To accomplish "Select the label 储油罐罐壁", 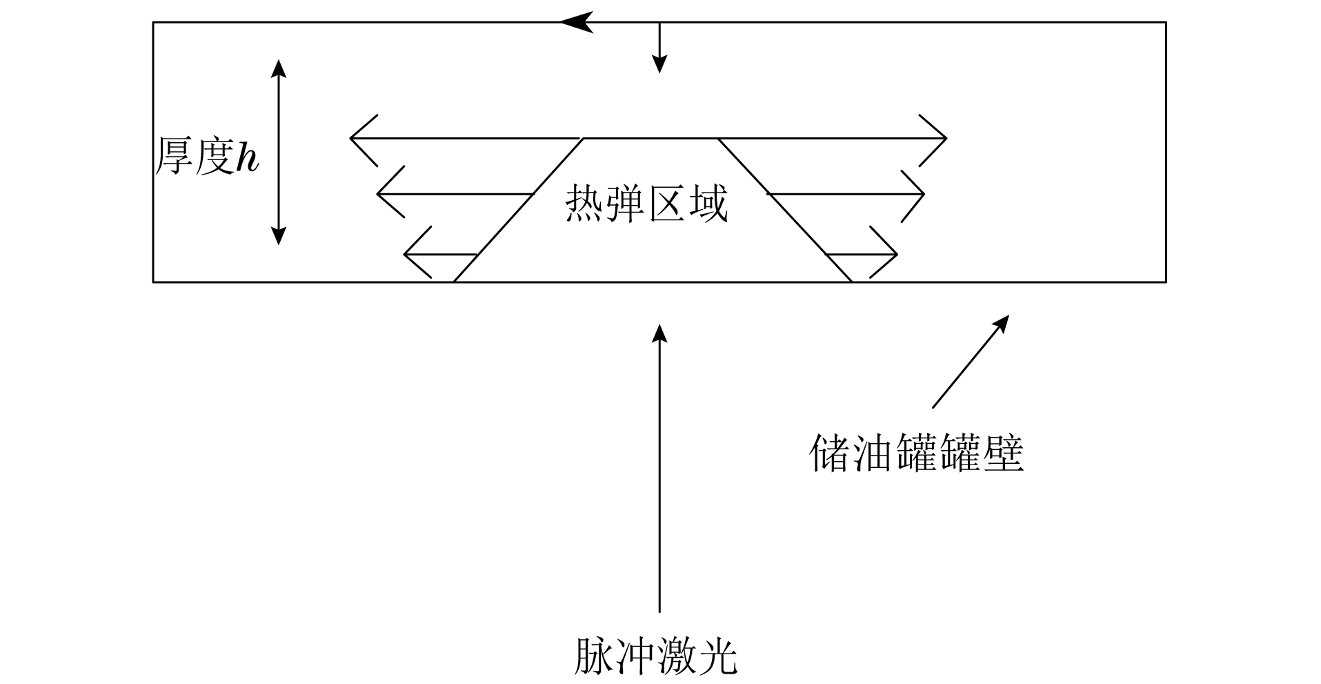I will tap(916, 453).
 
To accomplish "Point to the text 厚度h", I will tap(206, 156).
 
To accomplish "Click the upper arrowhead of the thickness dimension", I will tap(278, 67).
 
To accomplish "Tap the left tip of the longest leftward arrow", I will tap(352, 139).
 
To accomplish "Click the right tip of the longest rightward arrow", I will tap(945, 139).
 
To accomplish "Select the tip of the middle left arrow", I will tap(378, 195).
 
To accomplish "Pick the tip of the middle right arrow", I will tap(922, 195).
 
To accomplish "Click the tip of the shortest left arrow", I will tap(405, 255).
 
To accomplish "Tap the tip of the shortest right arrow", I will tap(895, 255).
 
